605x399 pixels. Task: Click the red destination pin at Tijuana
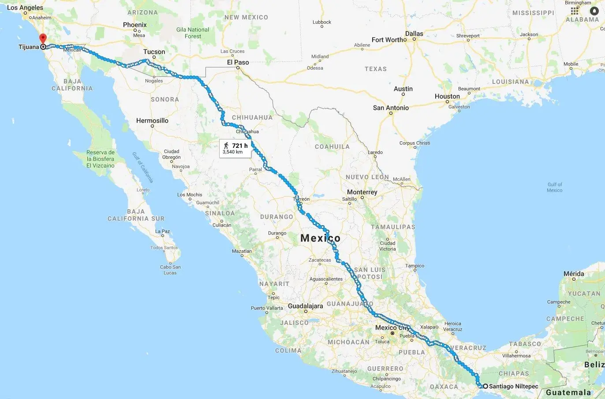click(x=43, y=39)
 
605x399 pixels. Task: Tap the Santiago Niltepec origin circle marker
click(x=485, y=386)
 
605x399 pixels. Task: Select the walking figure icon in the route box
click(x=226, y=146)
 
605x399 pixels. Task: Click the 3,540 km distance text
click(x=233, y=152)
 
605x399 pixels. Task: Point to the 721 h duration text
click(x=240, y=146)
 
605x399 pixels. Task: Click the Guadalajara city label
click(x=305, y=306)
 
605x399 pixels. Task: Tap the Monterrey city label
click(x=362, y=192)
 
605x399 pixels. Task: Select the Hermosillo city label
click(x=152, y=120)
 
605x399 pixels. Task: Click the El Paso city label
click(x=238, y=62)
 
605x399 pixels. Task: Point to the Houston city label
click(x=447, y=96)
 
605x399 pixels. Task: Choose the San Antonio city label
click(x=391, y=108)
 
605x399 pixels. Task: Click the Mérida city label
click(x=574, y=274)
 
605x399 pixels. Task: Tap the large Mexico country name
click(x=321, y=238)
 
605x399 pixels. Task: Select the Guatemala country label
click(x=568, y=392)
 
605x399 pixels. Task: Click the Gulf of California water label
click(x=143, y=167)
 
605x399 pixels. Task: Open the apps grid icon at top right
click(x=574, y=11)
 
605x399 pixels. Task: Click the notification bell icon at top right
click(x=595, y=11)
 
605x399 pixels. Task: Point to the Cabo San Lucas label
click(x=170, y=270)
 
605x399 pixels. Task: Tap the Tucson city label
click(x=154, y=52)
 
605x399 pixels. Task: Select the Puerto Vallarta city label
click(x=267, y=308)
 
